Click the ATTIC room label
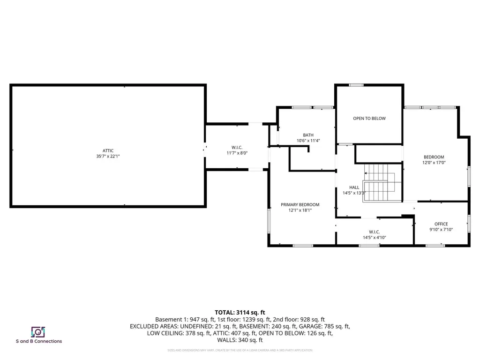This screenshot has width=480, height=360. click(x=108, y=150)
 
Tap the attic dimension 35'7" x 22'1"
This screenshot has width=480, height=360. click(x=108, y=157)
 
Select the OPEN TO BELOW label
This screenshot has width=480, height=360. click(x=369, y=119)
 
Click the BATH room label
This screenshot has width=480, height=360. click(x=308, y=135)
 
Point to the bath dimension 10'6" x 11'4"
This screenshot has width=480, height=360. click(x=308, y=141)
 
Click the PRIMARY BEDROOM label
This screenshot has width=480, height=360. click(x=300, y=205)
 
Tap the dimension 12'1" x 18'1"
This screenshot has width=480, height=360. click(x=300, y=211)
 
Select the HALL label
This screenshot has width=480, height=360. click(x=354, y=187)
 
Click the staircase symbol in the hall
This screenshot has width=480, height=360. click(x=382, y=183)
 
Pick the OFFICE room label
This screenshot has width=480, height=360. click(x=441, y=224)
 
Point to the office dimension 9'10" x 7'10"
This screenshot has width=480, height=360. click(x=441, y=230)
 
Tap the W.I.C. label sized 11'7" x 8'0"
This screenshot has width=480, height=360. click(x=237, y=147)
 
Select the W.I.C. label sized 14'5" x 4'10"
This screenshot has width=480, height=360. click(x=374, y=232)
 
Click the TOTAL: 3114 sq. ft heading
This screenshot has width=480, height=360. click(x=240, y=312)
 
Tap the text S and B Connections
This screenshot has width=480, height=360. click(x=39, y=341)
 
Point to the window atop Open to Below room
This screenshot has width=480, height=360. click(x=356, y=85)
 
